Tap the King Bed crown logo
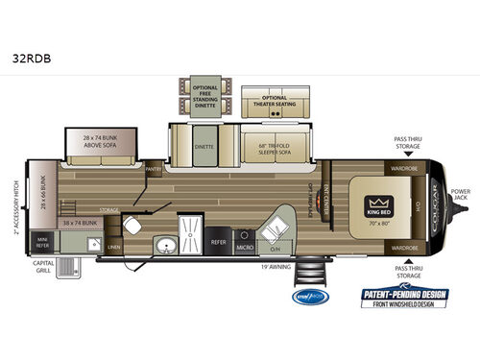[376, 203]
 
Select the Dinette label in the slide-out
[204, 149]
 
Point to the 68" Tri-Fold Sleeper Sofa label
[275, 149]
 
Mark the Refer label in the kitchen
[218, 242]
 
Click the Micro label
[246, 242]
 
